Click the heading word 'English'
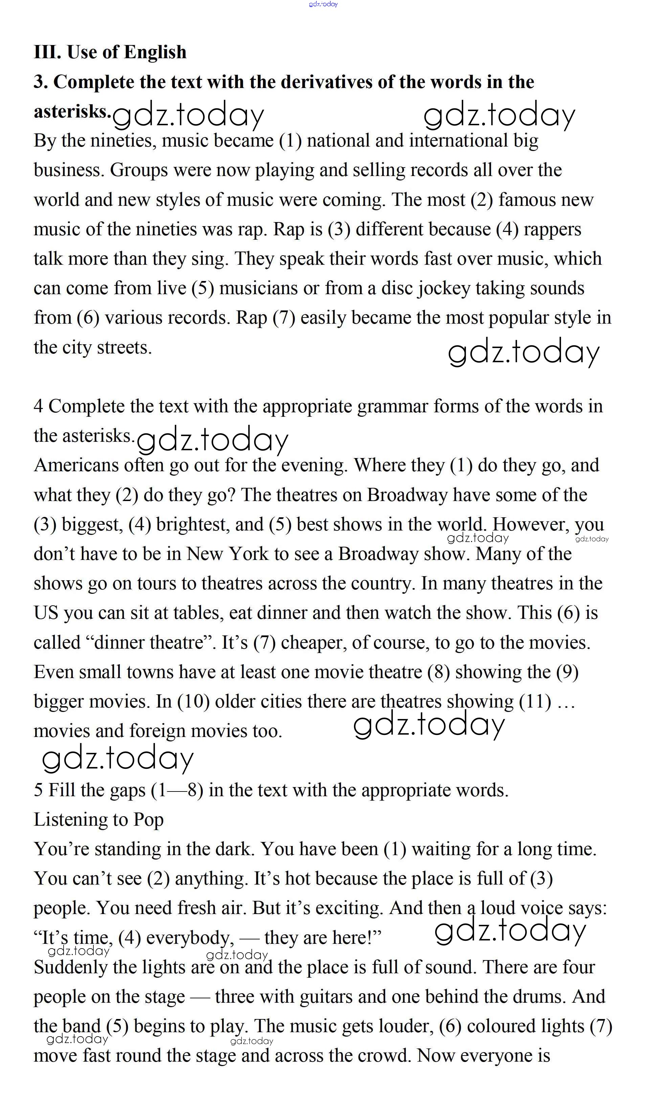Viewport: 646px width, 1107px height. coord(155,52)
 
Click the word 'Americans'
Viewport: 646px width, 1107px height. coord(76,465)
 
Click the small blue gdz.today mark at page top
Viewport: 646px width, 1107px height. coord(323,4)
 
